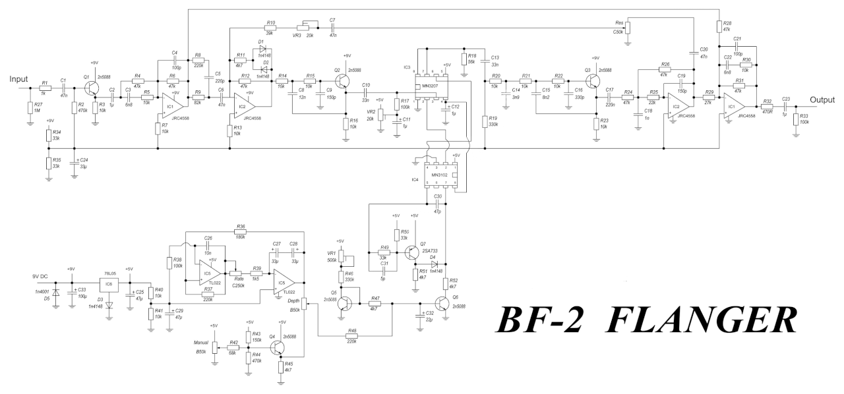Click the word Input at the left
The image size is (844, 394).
point(19,79)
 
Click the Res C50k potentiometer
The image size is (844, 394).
point(627,28)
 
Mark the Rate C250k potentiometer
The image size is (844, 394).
point(233,270)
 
